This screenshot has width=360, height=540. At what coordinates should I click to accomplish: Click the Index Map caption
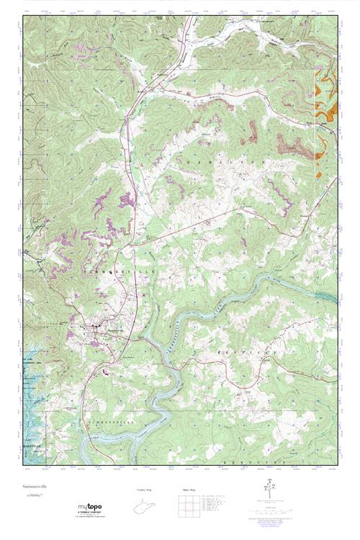pos(189,490)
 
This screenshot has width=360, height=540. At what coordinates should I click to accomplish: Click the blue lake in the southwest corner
pos(35,425)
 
